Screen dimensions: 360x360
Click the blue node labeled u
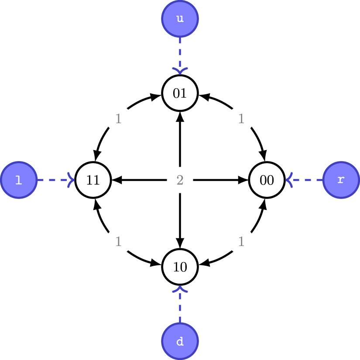click(x=180, y=19)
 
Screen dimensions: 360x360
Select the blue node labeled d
click(x=180, y=341)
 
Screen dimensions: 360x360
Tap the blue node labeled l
click(x=18, y=180)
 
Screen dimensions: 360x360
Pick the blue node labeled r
click(x=341, y=180)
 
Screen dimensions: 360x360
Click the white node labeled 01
click(x=180, y=93)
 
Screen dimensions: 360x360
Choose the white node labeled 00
click(x=267, y=180)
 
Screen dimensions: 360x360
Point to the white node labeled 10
click(x=180, y=267)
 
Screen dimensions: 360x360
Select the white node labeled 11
click(x=93, y=180)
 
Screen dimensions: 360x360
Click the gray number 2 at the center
click(x=180, y=180)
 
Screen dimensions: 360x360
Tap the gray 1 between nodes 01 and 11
click(x=118, y=119)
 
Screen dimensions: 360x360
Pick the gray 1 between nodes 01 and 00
click(x=241, y=119)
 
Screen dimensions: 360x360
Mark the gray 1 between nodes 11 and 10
click(x=118, y=241)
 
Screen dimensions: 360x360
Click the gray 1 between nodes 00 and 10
click(x=241, y=241)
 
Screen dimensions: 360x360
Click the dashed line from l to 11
click(x=52, y=180)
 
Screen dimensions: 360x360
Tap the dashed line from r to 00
click(x=308, y=180)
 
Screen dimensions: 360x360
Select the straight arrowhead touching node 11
click(x=116, y=180)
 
